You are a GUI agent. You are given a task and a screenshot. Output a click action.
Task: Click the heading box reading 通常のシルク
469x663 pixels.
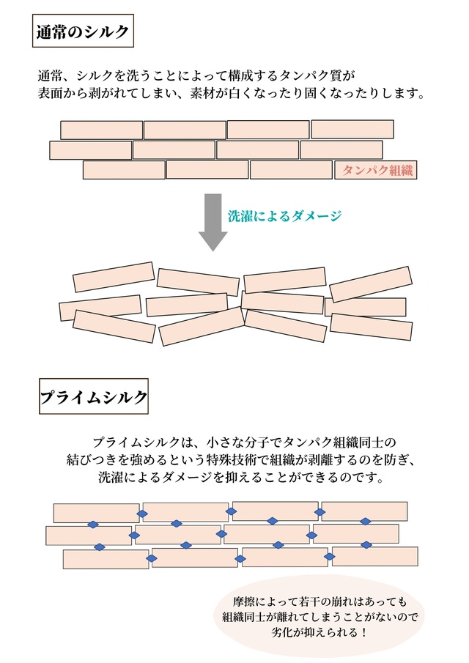point(83,32)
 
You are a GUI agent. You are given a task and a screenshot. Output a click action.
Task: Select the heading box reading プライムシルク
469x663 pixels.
point(94,397)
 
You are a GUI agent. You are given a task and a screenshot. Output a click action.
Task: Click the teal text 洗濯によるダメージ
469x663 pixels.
point(285,216)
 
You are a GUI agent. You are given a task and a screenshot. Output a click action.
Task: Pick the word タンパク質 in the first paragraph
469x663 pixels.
point(323,75)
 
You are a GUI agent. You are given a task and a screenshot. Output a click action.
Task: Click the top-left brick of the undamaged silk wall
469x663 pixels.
point(101,130)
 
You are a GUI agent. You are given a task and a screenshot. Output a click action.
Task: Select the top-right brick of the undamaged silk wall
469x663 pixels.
point(352,129)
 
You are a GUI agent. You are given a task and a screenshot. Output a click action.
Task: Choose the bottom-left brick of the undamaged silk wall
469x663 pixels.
point(123,170)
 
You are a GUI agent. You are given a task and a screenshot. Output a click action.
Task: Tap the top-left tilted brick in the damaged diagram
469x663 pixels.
point(114,277)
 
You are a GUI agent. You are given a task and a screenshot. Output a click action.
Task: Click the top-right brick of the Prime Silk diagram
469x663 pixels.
point(364,511)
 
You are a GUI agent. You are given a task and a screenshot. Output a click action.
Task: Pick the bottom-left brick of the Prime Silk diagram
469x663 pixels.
point(106,559)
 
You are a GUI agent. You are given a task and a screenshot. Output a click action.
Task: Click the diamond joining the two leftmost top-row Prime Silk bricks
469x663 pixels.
point(144,512)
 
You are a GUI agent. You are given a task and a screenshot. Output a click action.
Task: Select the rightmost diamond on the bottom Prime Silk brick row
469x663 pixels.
point(328,558)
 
